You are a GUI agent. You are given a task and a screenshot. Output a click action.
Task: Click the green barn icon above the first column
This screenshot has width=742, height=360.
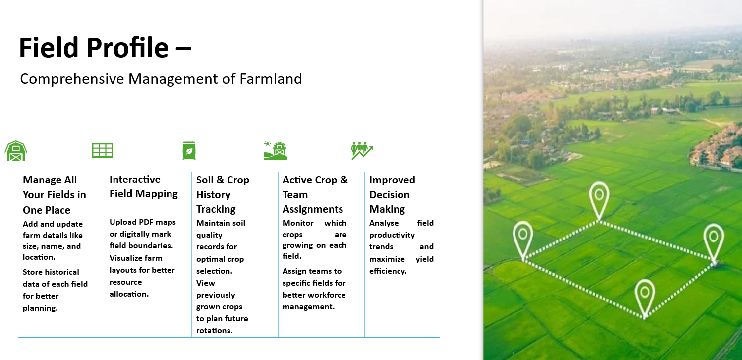[16, 150]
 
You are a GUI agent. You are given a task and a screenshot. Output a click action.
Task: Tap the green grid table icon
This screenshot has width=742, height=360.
[102, 150]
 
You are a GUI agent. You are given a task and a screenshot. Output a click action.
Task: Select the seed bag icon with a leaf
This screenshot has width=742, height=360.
[189, 150]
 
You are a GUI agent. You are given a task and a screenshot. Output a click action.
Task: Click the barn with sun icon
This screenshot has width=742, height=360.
[276, 150]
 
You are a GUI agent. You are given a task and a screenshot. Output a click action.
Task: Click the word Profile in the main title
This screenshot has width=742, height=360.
[127, 48]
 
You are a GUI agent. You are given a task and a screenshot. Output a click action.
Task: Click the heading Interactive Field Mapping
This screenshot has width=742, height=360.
[143, 186]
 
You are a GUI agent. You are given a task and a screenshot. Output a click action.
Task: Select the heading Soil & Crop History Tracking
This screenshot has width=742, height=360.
[222, 194]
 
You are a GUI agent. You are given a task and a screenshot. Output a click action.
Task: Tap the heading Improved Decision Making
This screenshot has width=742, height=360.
[392, 194]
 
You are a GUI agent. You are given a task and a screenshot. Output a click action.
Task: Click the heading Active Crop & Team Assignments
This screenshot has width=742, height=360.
[315, 194]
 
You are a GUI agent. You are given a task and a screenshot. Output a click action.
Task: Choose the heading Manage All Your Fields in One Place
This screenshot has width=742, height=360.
[54, 195]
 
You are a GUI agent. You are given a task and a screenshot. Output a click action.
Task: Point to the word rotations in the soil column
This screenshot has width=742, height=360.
[214, 331]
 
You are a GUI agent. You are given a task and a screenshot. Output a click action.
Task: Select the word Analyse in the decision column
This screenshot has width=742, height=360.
[384, 223]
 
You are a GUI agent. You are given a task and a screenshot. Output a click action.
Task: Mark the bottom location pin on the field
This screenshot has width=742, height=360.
[644, 294]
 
